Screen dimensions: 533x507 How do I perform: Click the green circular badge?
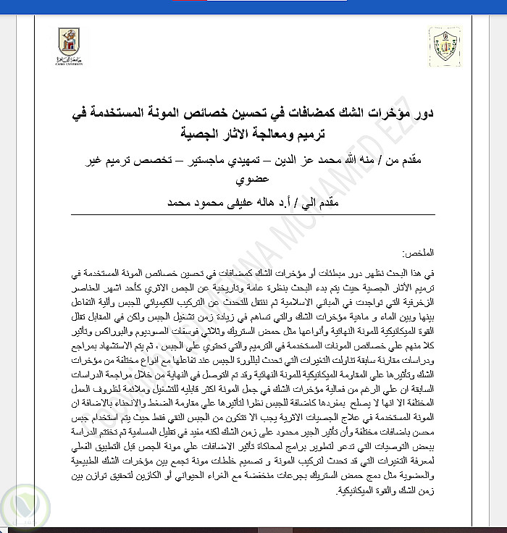pos(23,508)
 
